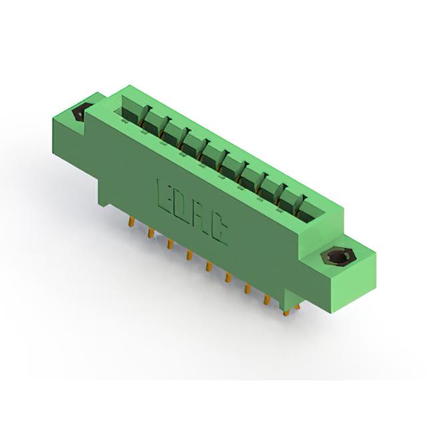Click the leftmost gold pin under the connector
click(x=132, y=222)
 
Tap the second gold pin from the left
click(x=151, y=234)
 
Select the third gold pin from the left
click(x=170, y=244)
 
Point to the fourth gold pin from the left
click(x=189, y=255)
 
